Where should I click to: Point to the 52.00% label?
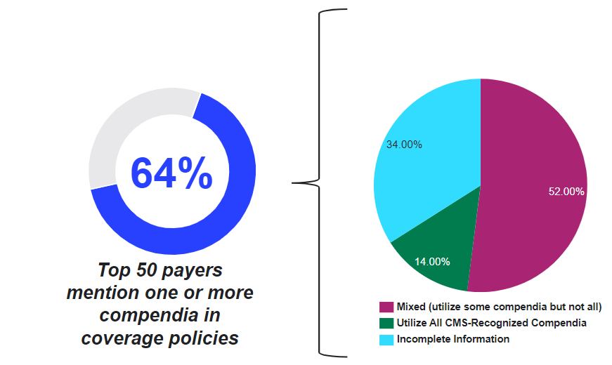pos(566,191)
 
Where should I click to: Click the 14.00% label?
pos(432,262)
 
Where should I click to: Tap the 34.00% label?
pos(404,145)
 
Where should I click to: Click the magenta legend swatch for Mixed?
pos(386,307)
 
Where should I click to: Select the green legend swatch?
pos(386,323)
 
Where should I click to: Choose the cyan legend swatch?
pos(386,339)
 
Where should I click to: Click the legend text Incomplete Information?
pos(453,339)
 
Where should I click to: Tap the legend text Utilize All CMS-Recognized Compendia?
pos(491,323)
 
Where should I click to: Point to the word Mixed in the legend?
pos(410,307)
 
